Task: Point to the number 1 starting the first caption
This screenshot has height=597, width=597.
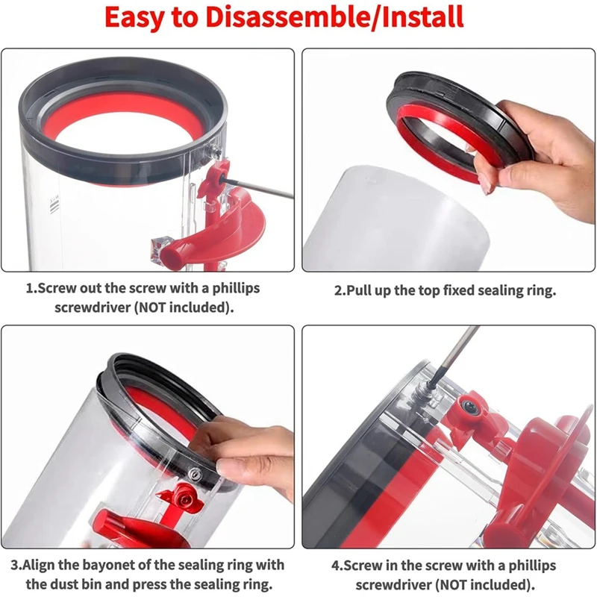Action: click(x=29, y=288)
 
